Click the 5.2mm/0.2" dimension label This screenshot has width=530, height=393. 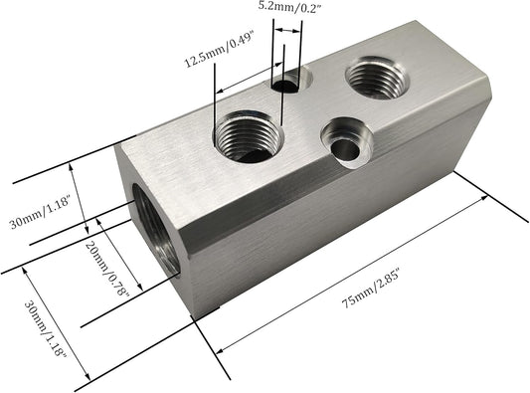point(288,7)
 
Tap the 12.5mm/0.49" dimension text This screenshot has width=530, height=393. point(219,50)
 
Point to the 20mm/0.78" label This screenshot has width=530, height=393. point(107,269)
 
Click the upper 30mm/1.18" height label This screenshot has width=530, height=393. point(40,213)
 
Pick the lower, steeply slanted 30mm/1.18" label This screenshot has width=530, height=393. point(45,329)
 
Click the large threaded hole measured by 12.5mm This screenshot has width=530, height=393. point(249,136)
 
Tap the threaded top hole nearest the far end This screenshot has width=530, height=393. point(377,78)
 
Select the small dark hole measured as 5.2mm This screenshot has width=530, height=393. point(285,87)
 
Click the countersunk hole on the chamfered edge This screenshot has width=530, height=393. point(346,142)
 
